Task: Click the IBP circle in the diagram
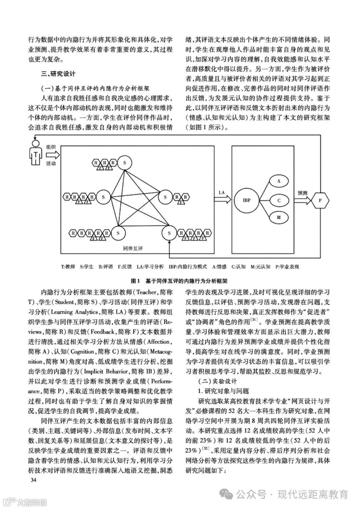[x=247, y=200]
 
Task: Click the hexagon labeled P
[x=320, y=200]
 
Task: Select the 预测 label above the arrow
[x=302, y=193]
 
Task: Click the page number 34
[x=33, y=480]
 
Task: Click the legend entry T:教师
[x=68, y=266]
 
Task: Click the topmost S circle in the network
[x=125, y=162]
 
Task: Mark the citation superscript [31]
[x=254, y=320]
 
